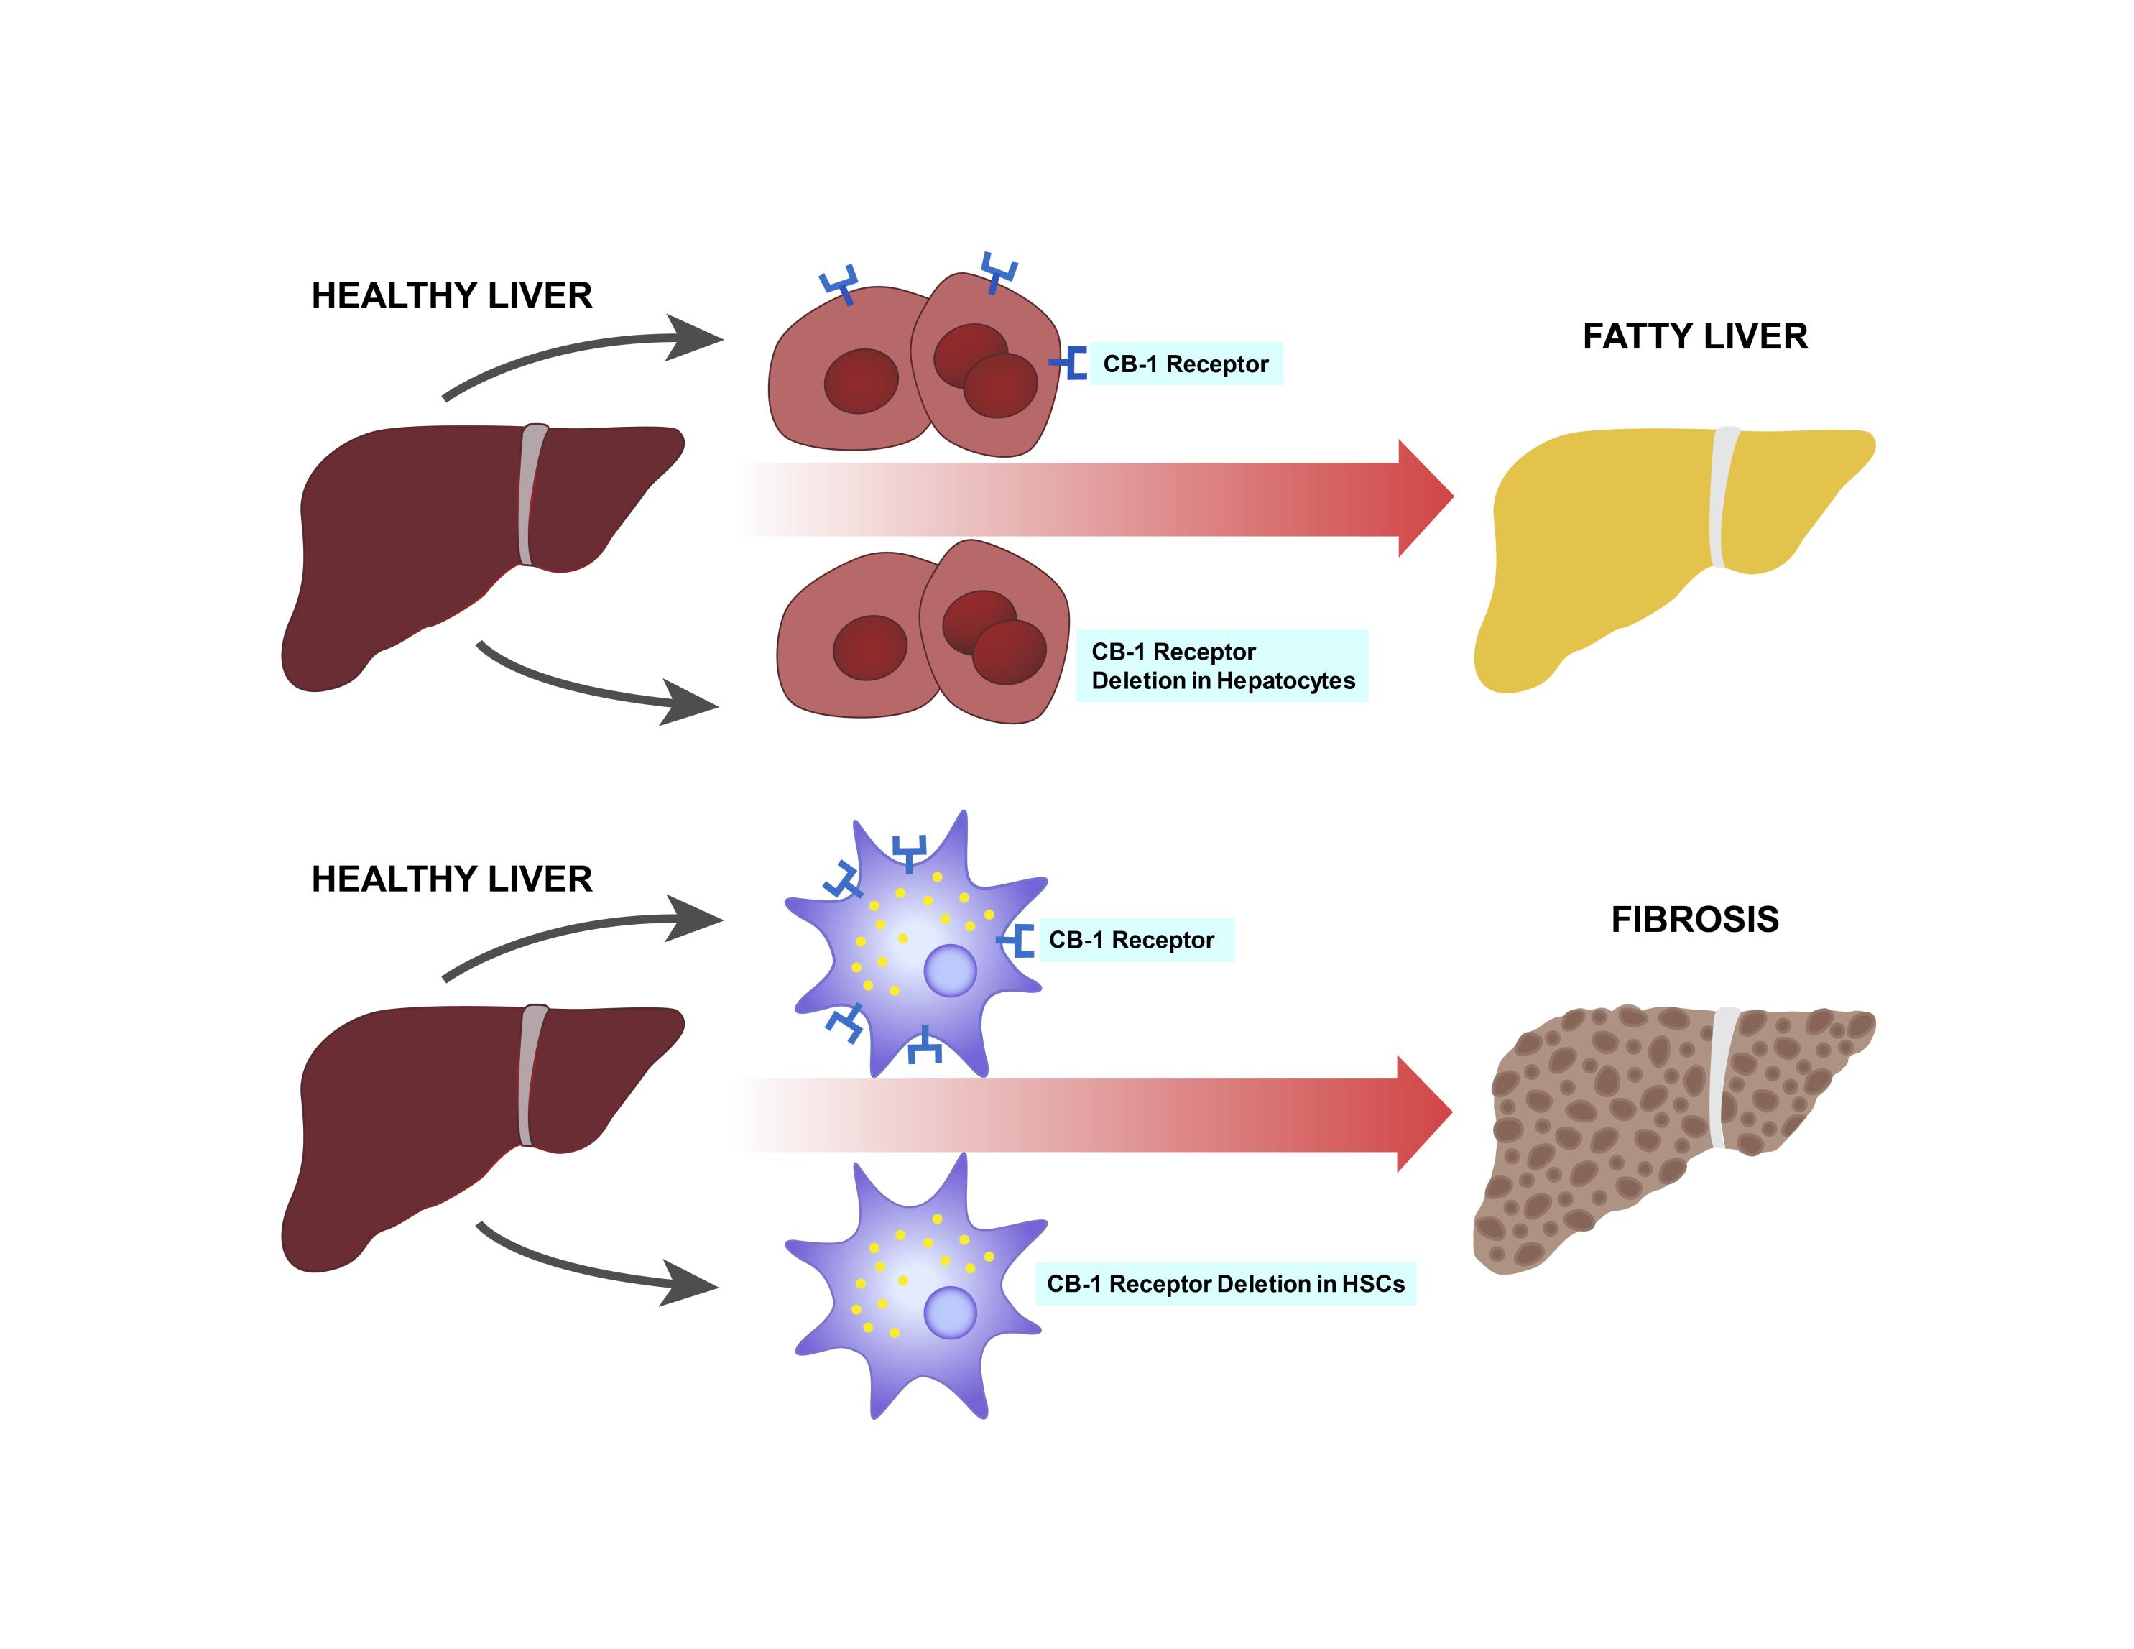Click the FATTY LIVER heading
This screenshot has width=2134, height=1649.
[x=1694, y=336]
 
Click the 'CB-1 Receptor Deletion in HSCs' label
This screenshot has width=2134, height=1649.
[x=1225, y=1284]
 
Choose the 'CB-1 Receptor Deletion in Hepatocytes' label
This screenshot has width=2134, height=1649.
[x=1222, y=666]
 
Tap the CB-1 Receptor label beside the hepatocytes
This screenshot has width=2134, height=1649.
[x=1186, y=364]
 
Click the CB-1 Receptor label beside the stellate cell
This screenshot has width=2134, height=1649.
[x=1132, y=940]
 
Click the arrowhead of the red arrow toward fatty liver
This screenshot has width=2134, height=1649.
[x=1425, y=498]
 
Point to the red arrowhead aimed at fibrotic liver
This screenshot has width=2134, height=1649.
[x=1423, y=1114]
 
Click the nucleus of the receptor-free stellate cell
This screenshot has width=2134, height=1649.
[x=950, y=1312]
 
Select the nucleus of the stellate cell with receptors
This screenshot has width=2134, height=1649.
[x=950, y=971]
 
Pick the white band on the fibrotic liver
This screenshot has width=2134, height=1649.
[x=1722, y=1079]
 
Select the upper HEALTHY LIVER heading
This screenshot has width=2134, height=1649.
[x=451, y=296]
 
